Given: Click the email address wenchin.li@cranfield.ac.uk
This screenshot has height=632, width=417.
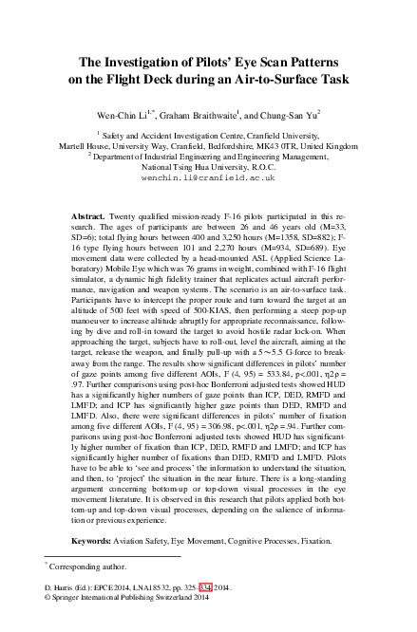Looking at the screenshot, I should pos(208,177).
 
